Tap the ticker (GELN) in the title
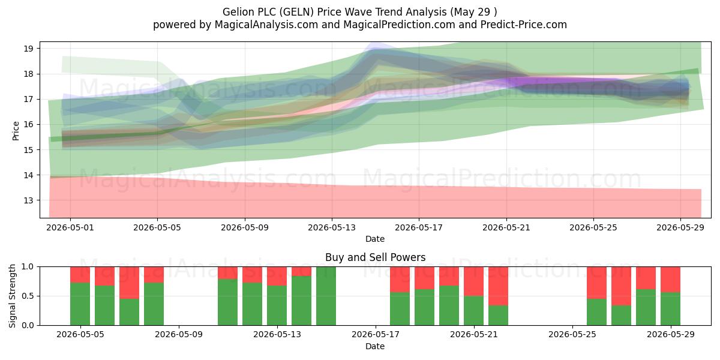coord(296,12)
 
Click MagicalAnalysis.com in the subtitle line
coord(266,25)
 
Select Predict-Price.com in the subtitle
coord(524,25)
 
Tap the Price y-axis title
coord(16,131)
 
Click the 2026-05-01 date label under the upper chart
coord(70,227)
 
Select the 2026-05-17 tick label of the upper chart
coord(419,227)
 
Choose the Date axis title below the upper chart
coord(375,239)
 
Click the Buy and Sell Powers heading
coord(375,257)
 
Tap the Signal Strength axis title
coord(12,296)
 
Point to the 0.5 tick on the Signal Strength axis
coord(28,296)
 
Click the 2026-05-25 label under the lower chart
coord(572,335)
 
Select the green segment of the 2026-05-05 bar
coord(80,304)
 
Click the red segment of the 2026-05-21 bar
coord(473,281)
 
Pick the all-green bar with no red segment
coord(326,296)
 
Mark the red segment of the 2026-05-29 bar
coord(670,280)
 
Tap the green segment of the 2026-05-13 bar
coord(277,305)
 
